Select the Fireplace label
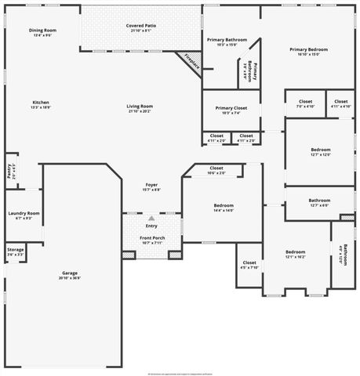coord(192,63)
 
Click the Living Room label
coord(140,108)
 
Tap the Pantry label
coord(9,171)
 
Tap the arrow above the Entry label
coord(151,218)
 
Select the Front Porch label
coord(151,240)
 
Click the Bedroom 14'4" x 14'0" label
coord(224,208)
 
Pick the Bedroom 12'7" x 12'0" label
coord(320,151)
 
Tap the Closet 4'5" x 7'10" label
coord(249,265)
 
